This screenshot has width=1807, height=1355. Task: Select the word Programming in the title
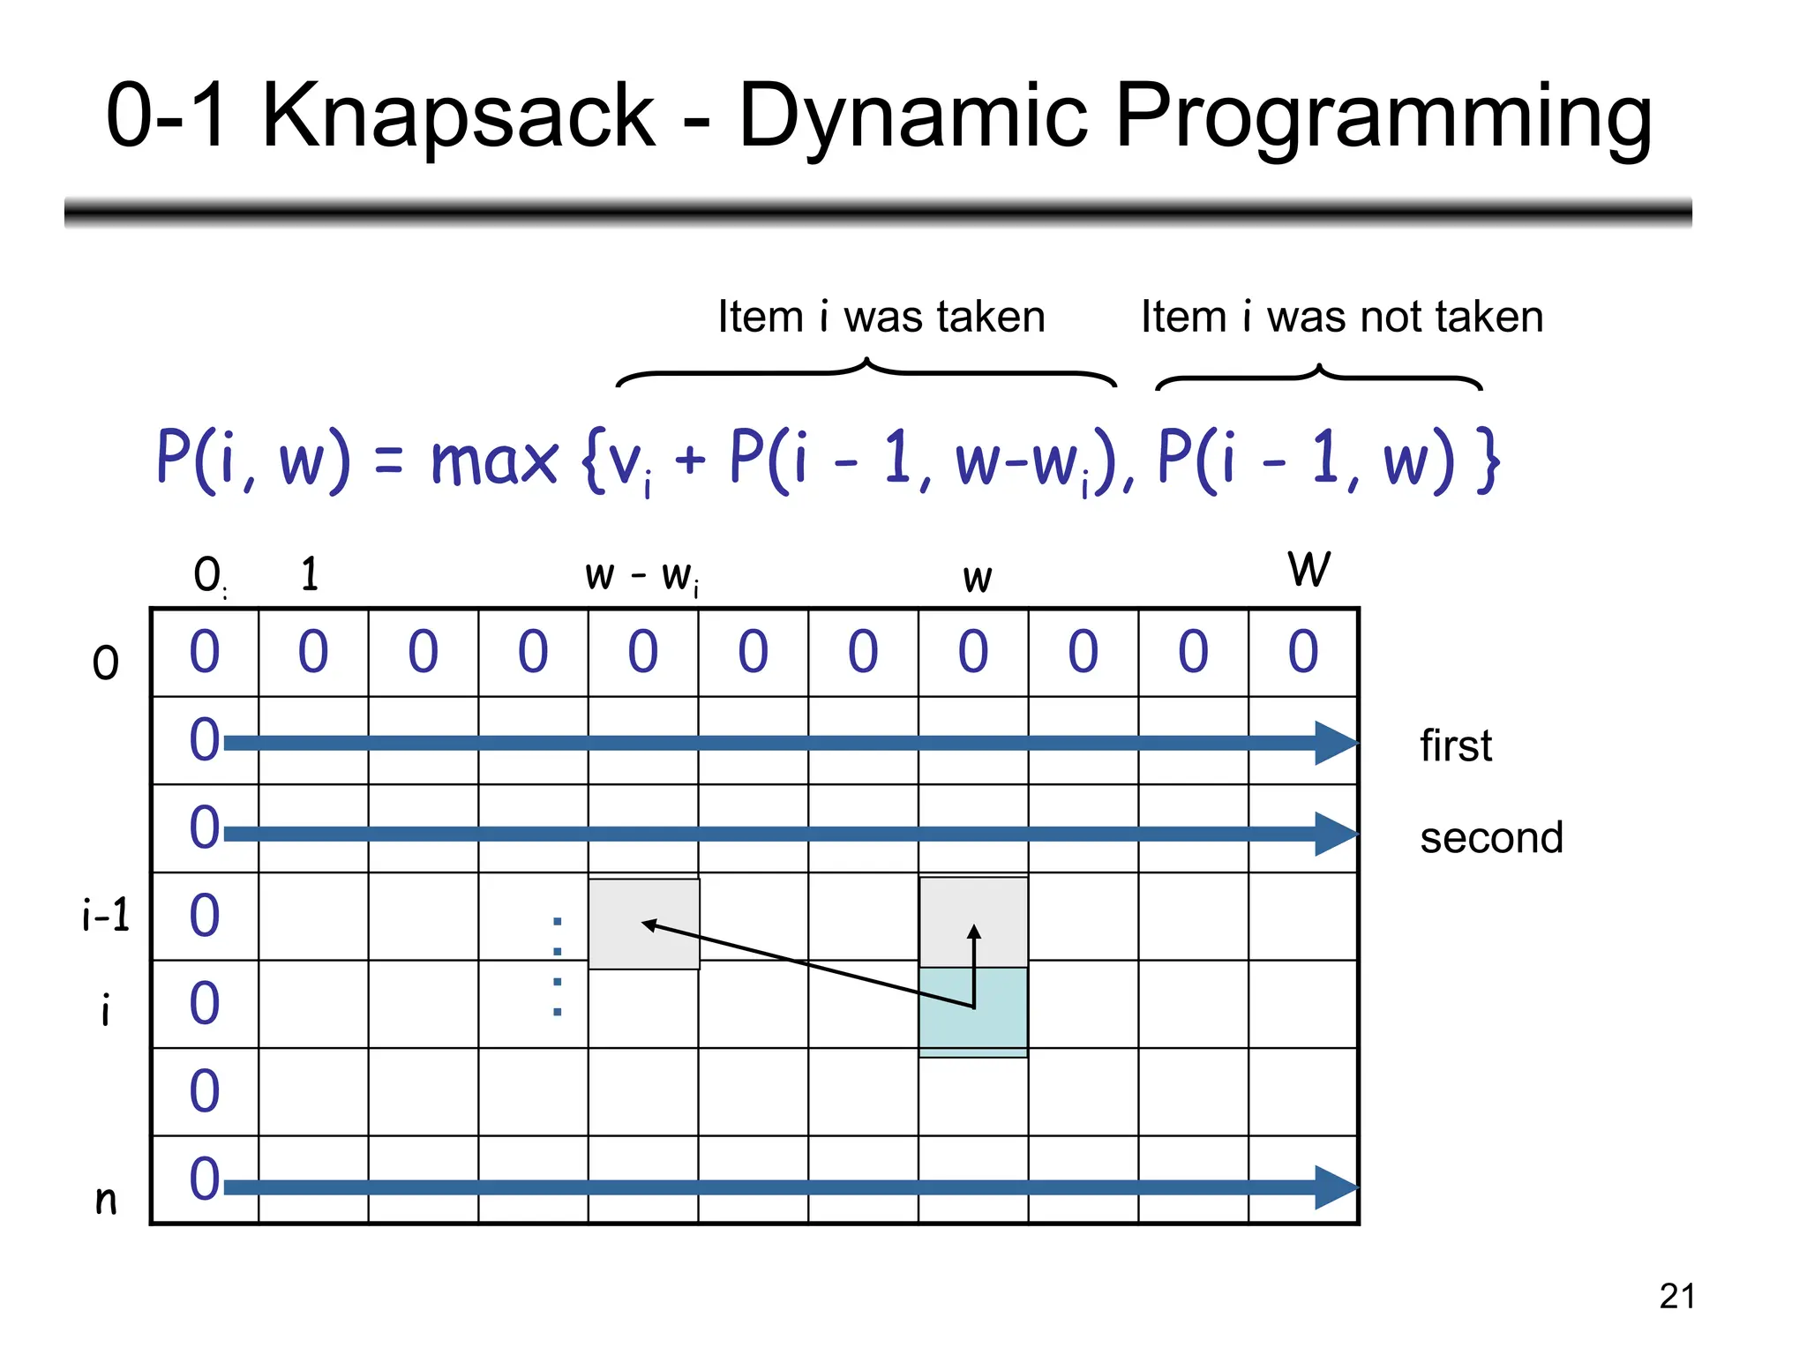[1383, 117]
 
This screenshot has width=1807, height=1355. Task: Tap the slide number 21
[1676, 1296]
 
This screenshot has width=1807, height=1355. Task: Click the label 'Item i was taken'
[881, 316]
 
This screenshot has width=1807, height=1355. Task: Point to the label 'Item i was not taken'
[1341, 316]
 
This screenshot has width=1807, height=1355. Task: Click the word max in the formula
[493, 460]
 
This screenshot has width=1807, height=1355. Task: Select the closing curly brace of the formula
[1488, 460]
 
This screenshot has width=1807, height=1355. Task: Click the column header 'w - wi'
[641, 576]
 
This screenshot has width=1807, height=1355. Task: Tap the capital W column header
[1308, 569]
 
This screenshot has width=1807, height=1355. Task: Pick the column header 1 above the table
[310, 574]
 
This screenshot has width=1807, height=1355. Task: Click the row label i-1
[106, 915]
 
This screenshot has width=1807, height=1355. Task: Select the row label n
[106, 1199]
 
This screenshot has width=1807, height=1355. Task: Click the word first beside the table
[1455, 745]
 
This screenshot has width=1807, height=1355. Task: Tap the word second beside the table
[1490, 837]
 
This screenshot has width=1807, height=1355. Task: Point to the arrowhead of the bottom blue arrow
[1334, 1187]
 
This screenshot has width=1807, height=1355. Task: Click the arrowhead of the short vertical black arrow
[974, 932]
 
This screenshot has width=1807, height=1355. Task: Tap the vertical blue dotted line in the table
[557, 967]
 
